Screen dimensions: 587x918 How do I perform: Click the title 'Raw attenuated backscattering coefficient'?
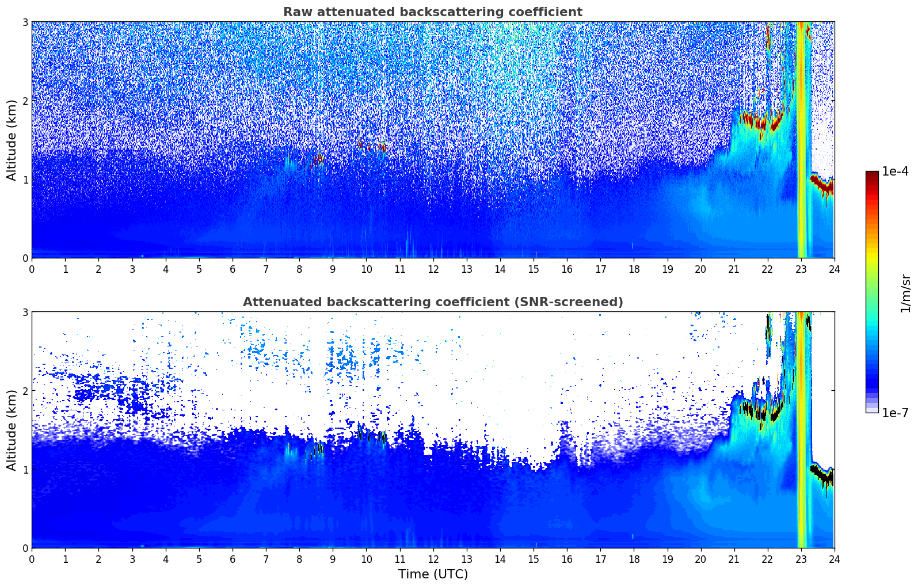click(x=432, y=12)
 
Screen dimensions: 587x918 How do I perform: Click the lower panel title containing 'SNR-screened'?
click(x=432, y=302)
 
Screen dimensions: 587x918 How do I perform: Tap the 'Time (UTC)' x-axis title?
click(x=433, y=574)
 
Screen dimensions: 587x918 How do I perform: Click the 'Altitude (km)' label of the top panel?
click(x=12, y=140)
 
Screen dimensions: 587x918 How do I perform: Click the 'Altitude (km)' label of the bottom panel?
click(x=12, y=430)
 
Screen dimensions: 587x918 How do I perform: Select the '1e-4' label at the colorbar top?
click(x=895, y=171)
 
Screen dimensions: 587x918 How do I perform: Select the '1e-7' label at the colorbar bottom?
click(x=895, y=413)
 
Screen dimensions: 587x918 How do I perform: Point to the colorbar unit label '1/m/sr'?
click(x=905, y=293)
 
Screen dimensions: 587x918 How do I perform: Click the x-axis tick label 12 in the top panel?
click(x=433, y=269)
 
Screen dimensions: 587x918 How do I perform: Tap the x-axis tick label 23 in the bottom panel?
click(x=801, y=559)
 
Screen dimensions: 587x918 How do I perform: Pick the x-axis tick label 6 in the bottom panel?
click(x=233, y=559)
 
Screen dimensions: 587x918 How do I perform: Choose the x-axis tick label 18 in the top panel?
click(x=634, y=269)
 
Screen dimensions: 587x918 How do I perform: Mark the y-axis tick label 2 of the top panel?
click(x=25, y=101)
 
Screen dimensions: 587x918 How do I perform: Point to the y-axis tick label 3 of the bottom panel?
click(x=25, y=312)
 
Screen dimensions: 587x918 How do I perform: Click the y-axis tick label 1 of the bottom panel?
click(x=25, y=470)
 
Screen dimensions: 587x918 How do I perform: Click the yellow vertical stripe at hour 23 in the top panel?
click(x=801, y=144)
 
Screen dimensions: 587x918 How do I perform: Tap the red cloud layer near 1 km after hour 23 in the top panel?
click(x=822, y=185)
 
